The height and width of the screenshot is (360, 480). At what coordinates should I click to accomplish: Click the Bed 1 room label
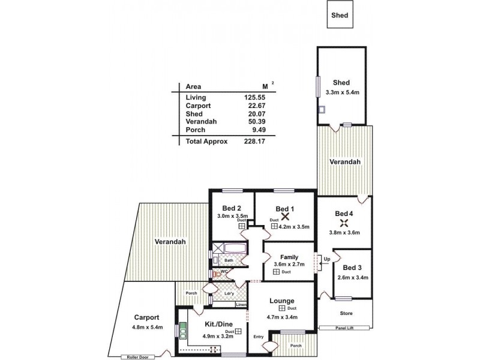284,208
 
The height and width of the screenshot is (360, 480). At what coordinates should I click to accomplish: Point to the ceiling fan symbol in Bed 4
343,223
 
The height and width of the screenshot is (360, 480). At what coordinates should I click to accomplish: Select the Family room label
289,257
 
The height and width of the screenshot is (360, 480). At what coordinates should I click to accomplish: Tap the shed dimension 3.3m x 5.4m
341,92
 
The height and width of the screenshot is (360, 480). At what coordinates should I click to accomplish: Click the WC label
223,272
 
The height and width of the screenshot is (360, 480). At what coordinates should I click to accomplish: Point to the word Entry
259,337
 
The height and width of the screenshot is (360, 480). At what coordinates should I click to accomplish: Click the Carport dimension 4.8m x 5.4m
146,328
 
